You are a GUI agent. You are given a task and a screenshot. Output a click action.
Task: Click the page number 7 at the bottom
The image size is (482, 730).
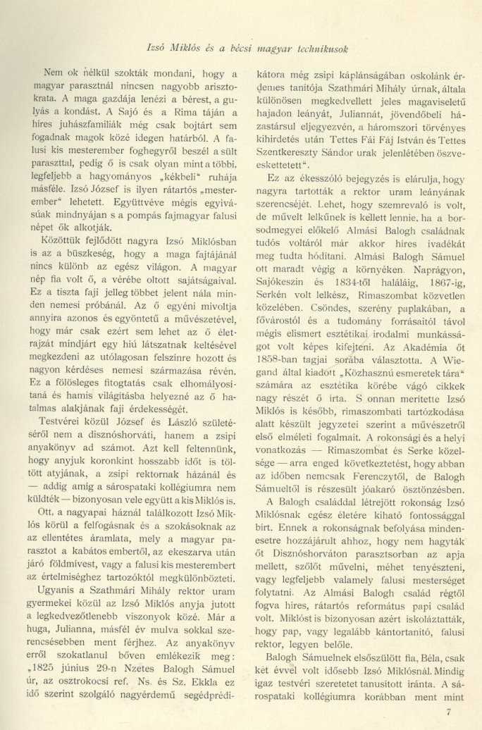click(448, 712)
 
